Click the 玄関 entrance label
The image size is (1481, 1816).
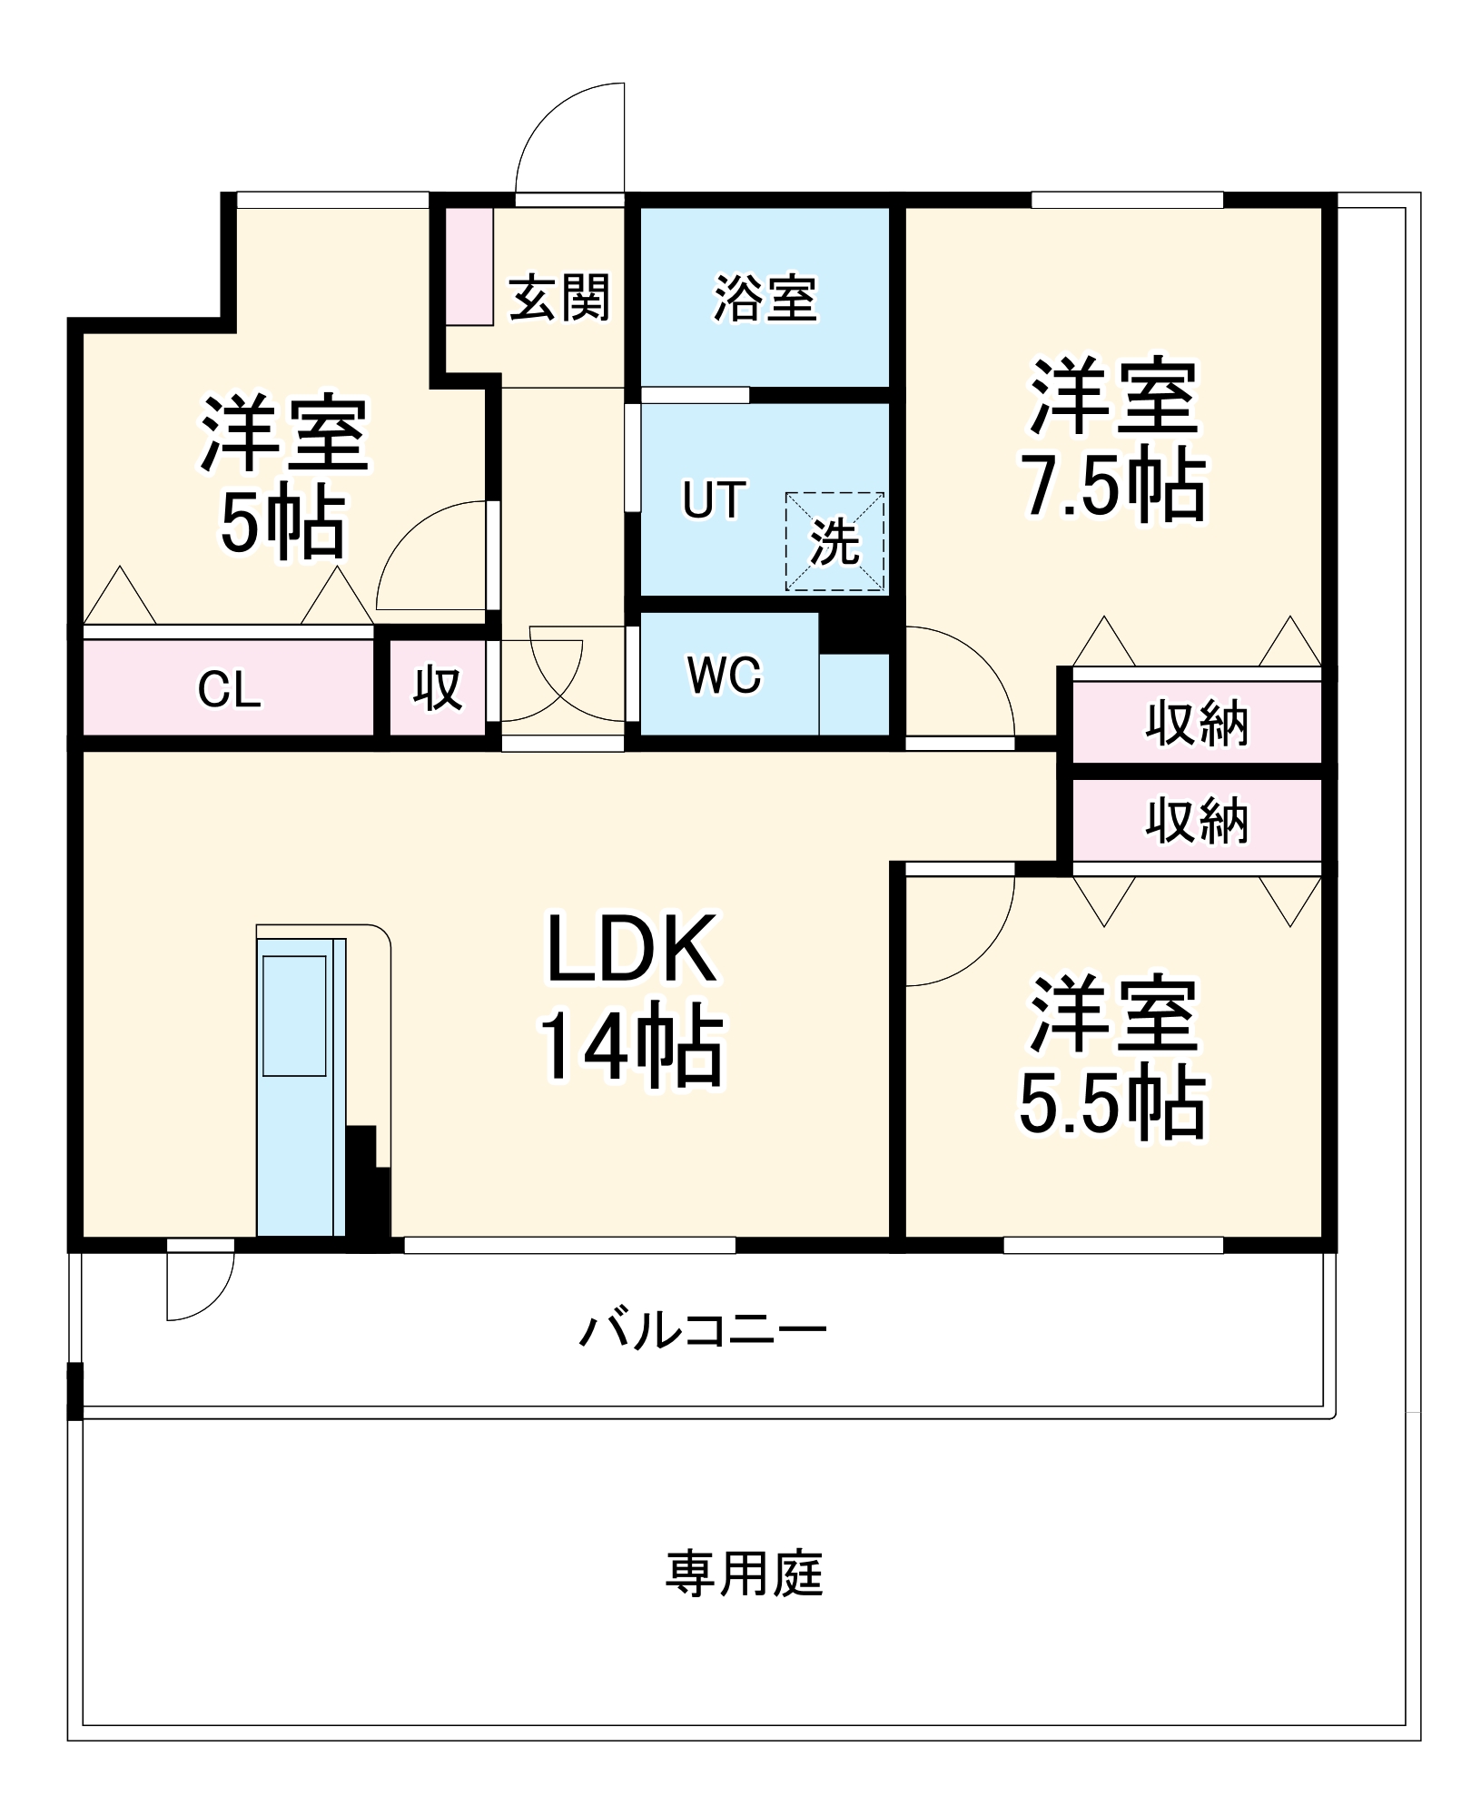point(558,297)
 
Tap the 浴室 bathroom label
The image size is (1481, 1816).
point(765,297)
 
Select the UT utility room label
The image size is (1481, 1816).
point(714,499)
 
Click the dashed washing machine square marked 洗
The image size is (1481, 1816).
point(834,542)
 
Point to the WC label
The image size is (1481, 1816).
point(724,675)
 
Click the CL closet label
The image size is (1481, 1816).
point(229,690)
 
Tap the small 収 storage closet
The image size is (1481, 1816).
point(438,688)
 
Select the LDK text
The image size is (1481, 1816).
point(631,950)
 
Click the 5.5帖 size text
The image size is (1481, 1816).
point(1111,1104)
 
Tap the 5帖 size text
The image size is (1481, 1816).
point(282,524)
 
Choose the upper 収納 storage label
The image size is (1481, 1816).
point(1196,724)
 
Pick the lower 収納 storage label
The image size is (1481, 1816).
point(1196,821)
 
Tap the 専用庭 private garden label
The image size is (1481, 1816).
point(744,1574)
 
